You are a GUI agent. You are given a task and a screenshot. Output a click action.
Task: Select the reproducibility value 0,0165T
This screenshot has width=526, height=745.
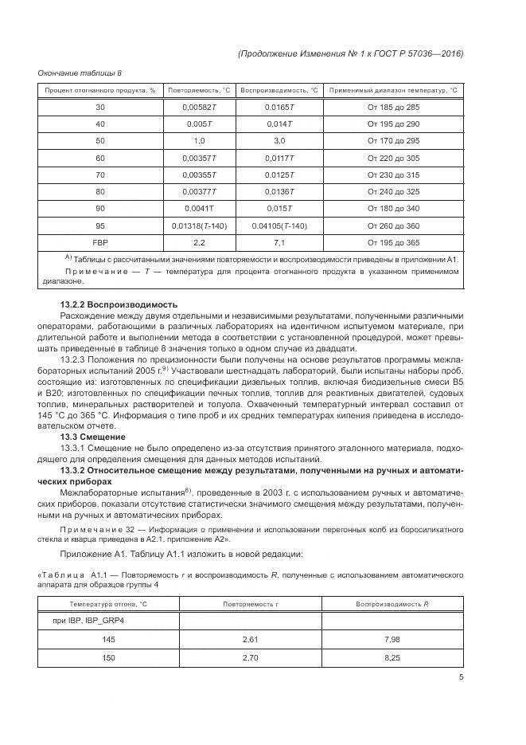(x=279, y=107)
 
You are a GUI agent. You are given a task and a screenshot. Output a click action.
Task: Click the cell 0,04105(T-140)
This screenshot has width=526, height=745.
(x=279, y=226)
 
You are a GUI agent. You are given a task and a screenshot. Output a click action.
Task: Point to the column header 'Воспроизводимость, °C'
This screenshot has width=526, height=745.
(x=279, y=90)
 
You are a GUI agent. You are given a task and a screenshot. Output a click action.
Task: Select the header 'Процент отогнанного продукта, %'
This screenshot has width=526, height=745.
(x=99, y=90)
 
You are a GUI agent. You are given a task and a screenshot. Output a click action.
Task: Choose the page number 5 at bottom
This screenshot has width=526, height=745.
(x=461, y=678)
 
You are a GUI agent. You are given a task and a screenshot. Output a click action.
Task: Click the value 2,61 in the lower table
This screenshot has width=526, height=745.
(x=250, y=638)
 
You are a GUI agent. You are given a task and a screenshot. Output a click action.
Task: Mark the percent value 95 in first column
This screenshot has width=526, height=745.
(x=99, y=226)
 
